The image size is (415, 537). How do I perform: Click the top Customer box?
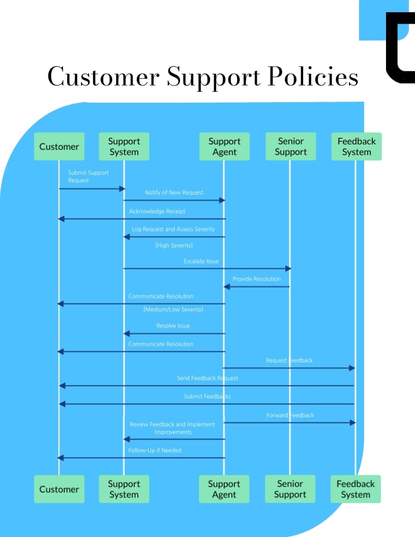59,146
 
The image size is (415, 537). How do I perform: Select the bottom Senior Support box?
290,489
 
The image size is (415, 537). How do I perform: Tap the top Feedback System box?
356,146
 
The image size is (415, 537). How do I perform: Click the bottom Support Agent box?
224,489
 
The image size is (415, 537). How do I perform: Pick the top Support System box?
124,146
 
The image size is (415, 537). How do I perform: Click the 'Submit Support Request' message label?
88,176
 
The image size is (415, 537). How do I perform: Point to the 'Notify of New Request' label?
174,192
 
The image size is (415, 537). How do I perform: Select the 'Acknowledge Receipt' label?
157,211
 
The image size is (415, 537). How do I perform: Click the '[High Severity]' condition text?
174,245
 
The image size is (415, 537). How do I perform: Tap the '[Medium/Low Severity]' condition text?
173,309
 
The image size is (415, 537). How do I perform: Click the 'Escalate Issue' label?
201,261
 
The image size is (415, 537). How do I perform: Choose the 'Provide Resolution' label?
256,279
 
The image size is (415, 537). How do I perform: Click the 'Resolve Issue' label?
173,325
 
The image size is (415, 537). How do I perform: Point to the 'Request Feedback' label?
289,360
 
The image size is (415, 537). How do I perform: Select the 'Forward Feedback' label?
290,415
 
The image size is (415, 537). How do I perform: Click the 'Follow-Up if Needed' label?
155,450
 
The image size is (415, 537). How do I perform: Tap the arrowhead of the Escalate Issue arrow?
287,268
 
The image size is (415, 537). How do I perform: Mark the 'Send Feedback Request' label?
207,378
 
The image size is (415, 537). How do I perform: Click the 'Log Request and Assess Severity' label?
173,229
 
